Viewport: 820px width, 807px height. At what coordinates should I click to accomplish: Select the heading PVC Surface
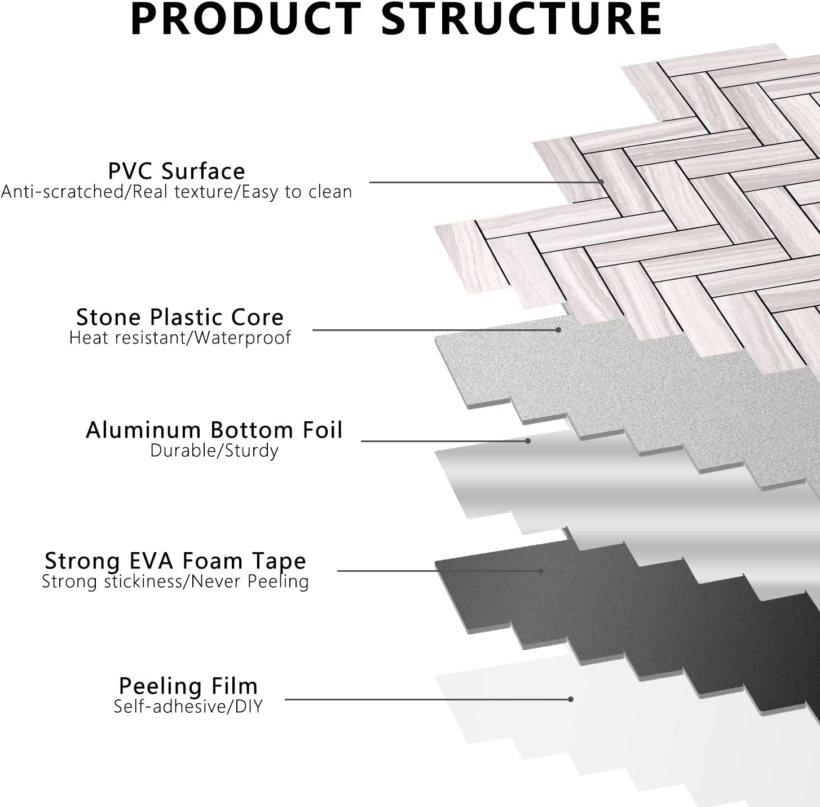point(177,171)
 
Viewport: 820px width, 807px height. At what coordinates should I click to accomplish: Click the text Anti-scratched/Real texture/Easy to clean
point(177,192)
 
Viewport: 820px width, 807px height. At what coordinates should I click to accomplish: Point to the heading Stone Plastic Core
point(180,317)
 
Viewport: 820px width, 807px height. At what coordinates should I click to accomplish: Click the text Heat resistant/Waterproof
point(180,338)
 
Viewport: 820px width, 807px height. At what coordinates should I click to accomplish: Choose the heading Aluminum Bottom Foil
point(214,430)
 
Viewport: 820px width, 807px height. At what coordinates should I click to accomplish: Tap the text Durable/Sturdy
point(214,451)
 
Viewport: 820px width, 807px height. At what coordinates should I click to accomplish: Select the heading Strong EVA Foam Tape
point(175,561)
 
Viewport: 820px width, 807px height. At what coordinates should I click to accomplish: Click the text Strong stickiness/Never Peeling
point(175,581)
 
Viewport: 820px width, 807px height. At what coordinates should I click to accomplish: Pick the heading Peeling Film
point(188,686)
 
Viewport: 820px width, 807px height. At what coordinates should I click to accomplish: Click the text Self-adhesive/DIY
point(188,706)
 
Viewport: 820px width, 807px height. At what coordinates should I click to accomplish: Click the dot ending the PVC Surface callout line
point(602,182)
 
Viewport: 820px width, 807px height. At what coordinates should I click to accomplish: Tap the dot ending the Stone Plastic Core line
point(558,330)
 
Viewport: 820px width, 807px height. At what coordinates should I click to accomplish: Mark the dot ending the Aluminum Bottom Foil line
point(528,440)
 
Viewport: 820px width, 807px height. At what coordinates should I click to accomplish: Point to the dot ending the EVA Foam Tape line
point(540,571)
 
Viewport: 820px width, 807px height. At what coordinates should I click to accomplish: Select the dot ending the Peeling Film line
point(571,699)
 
